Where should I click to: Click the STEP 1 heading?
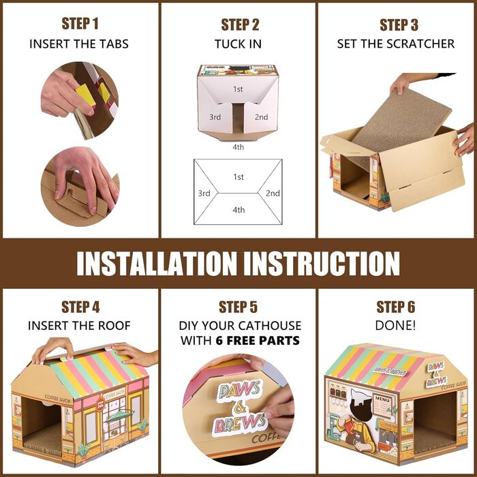tap(80, 23)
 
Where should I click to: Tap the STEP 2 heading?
tap(240, 25)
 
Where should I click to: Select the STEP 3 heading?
tap(399, 25)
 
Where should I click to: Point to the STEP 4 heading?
tap(80, 307)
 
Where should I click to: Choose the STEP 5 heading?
tap(238, 307)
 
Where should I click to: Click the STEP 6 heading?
tap(395, 307)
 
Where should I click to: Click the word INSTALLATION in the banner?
tap(156, 264)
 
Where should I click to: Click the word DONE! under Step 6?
tap(395, 326)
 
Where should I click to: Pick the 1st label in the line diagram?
tap(238, 176)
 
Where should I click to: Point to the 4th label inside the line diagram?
tap(238, 210)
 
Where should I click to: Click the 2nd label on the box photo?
tap(261, 117)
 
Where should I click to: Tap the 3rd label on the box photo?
tap(215, 117)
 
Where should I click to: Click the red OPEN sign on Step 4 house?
tap(100, 405)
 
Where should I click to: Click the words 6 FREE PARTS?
tap(258, 341)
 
